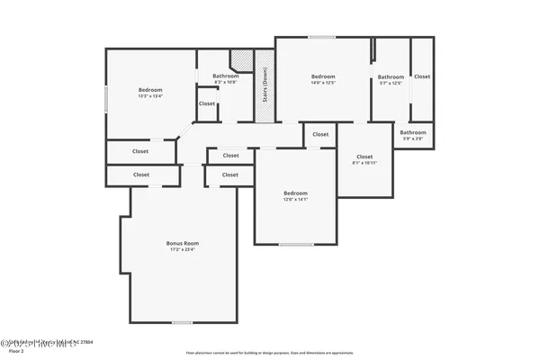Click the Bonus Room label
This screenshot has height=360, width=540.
[x=182, y=243]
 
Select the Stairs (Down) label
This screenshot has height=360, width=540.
[x=265, y=87]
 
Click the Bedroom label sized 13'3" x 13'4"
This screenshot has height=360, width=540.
[x=150, y=90]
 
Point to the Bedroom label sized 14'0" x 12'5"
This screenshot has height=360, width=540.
[x=323, y=76]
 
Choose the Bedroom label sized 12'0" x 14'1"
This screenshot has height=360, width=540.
[x=295, y=193]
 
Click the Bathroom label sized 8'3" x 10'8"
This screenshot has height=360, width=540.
[x=225, y=76]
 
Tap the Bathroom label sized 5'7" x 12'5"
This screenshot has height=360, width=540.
[x=391, y=77]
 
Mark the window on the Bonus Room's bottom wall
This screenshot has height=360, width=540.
[x=183, y=322]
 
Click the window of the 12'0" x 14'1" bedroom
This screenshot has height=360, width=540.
[x=295, y=244]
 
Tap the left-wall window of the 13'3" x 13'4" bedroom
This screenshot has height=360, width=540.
[x=106, y=99]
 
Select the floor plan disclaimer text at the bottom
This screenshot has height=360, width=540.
[x=269, y=353]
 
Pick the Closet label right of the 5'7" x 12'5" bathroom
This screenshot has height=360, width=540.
[x=421, y=76]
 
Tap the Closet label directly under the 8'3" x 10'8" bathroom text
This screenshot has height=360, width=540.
[x=207, y=103]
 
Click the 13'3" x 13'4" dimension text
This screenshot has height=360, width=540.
[x=150, y=96]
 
